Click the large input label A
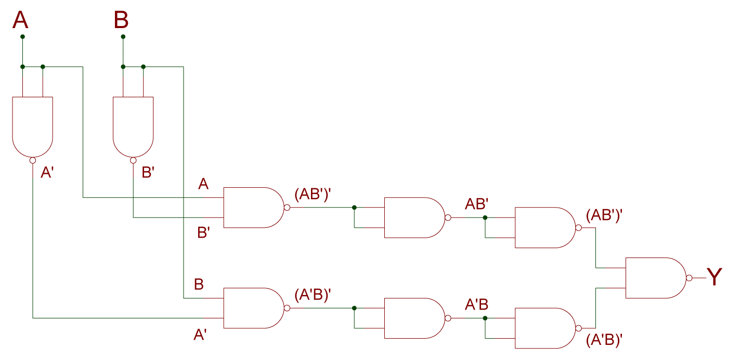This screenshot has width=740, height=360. click(20, 21)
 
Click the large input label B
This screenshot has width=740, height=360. click(121, 21)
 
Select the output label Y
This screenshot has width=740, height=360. click(715, 277)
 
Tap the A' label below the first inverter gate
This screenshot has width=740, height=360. click(47, 173)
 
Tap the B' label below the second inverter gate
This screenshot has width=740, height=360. click(148, 173)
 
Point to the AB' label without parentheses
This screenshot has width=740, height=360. click(476, 204)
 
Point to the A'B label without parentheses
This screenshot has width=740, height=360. click(476, 305)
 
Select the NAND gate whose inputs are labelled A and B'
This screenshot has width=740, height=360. click(253, 208)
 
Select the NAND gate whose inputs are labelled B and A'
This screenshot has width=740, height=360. click(253, 308)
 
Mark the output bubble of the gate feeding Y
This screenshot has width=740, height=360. click(689, 278)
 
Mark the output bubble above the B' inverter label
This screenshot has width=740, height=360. click(133, 161)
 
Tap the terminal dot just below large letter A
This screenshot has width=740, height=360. click(22, 37)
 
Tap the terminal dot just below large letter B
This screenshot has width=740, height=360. click(123, 37)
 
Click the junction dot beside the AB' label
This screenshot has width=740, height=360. click(485, 217)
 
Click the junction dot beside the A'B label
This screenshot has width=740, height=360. click(485, 318)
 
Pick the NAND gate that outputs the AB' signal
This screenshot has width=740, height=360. click(413, 217)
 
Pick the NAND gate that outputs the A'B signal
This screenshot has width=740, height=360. click(413, 318)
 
